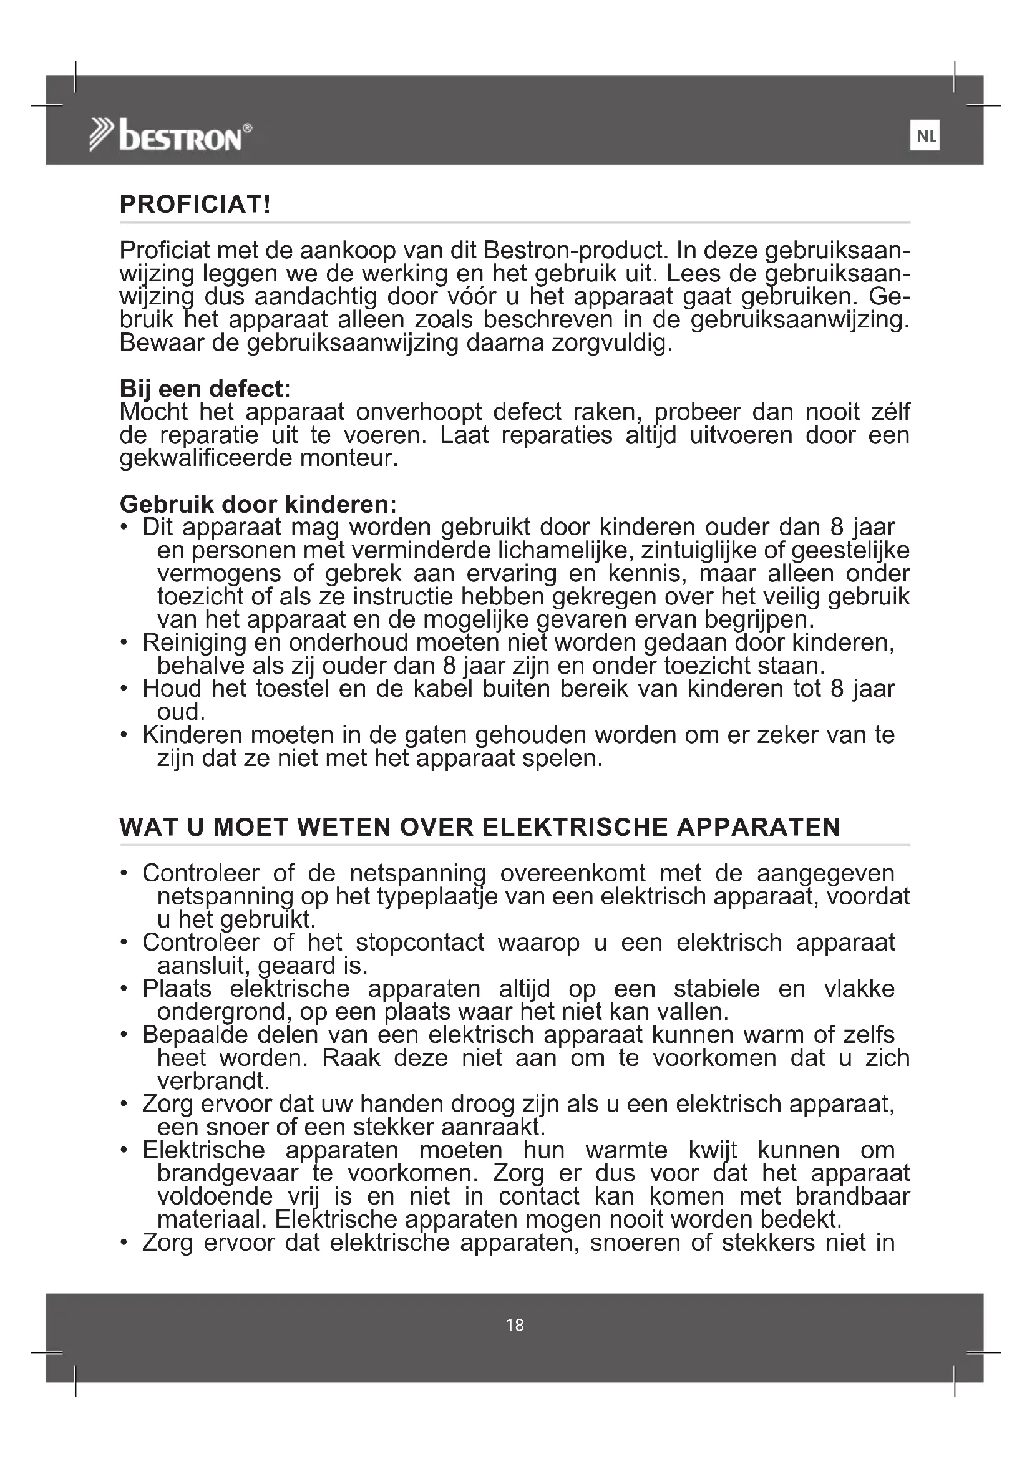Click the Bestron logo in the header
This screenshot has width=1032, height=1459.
click(x=170, y=136)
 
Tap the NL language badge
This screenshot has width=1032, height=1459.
click(x=925, y=136)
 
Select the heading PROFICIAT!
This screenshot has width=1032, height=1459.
click(x=195, y=205)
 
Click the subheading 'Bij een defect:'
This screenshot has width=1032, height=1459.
click(x=205, y=389)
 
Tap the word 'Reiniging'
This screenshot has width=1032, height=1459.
click(x=195, y=642)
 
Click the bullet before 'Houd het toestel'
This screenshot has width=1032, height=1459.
click(x=125, y=689)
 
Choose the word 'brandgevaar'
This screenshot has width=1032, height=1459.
click(x=228, y=1173)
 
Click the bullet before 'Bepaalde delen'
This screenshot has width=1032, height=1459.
click(x=125, y=1035)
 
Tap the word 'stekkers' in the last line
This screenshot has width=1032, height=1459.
click(x=767, y=1243)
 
